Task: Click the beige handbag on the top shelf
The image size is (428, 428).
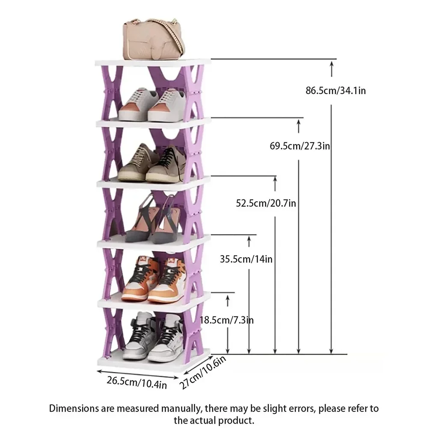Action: pyautogui.click(x=153, y=39)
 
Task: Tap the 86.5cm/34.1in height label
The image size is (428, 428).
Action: pyautogui.click(x=336, y=90)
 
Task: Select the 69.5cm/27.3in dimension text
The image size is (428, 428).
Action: pyautogui.click(x=300, y=146)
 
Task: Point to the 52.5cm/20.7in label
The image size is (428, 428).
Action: pyautogui.click(x=266, y=203)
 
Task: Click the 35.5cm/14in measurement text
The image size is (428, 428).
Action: pyautogui.click(x=246, y=259)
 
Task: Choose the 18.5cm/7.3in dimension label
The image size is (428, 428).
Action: pyautogui.click(x=226, y=320)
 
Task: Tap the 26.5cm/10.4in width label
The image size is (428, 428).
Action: pyautogui.click(x=137, y=382)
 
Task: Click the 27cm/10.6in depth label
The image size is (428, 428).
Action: pyautogui.click(x=202, y=372)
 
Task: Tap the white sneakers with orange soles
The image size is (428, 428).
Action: pyautogui.click(x=152, y=105)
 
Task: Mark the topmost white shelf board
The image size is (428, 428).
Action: pyautogui.click(x=153, y=62)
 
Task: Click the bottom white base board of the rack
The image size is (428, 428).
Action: pyautogui.click(x=154, y=361)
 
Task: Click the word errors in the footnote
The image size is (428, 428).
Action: pyautogui.click(x=300, y=409)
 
